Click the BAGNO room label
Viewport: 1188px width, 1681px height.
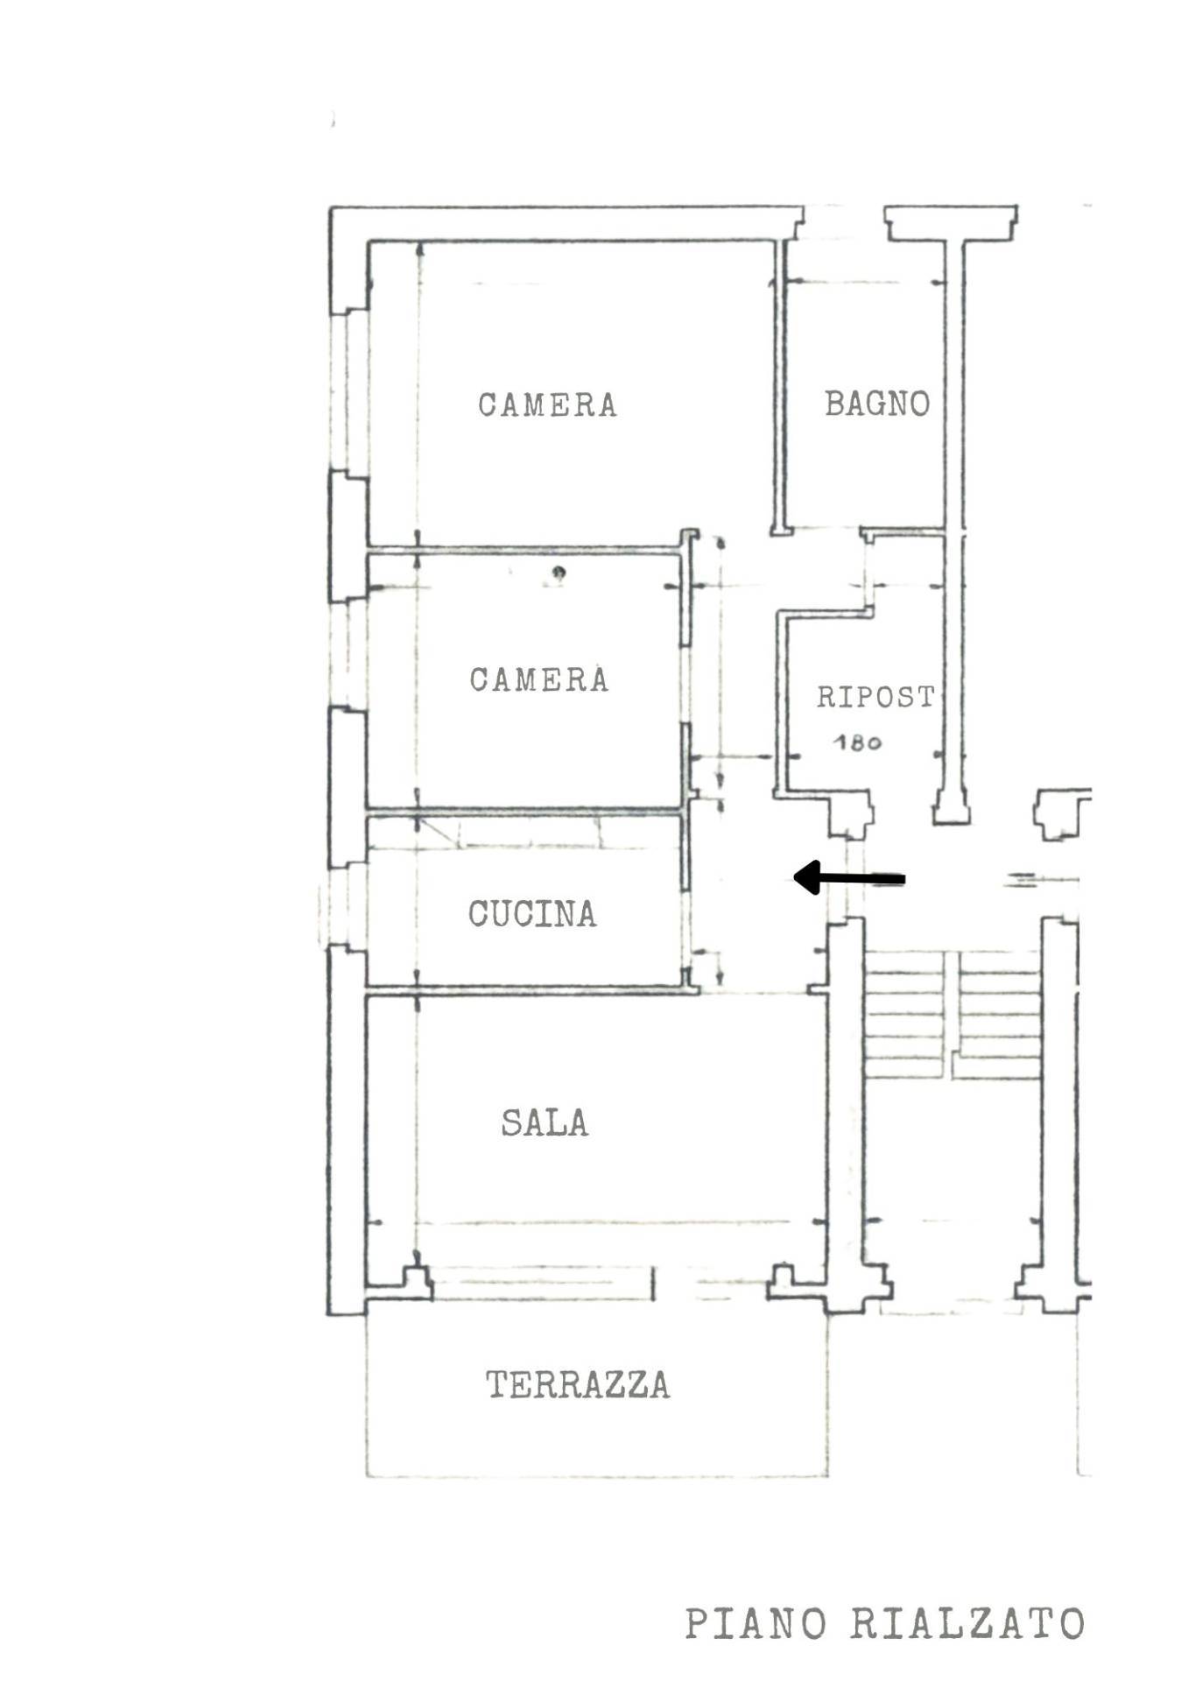pyautogui.click(x=876, y=404)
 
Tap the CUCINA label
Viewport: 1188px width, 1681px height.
pyautogui.click(x=532, y=914)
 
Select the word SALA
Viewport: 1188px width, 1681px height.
pyautogui.click(x=545, y=1122)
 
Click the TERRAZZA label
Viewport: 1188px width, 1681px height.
pyautogui.click(x=578, y=1385)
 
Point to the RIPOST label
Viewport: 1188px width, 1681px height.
pyautogui.click(x=876, y=697)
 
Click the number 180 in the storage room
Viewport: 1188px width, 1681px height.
pyautogui.click(x=857, y=742)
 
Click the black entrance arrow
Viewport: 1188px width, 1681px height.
pyautogui.click(x=848, y=877)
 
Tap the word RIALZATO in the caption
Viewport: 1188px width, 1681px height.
pyautogui.click(x=968, y=1624)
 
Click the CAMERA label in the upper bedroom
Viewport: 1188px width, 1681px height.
pyautogui.click(x=547, y=404)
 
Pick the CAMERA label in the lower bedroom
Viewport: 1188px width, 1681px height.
pyautogui.click(x=538, y=679)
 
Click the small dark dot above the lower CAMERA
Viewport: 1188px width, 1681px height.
pyautogui.click(x=559, y=573)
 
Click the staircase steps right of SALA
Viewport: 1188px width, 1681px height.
pyautogui.click(x=953, y=1016)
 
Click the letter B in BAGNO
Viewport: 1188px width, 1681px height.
pyautogui.click(x=834, y=404)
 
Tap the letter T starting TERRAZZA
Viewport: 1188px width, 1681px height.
pyautogui.click(x=496, y=1385)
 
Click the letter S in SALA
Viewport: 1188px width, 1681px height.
pyautogui.click(x=511, y=1122)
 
